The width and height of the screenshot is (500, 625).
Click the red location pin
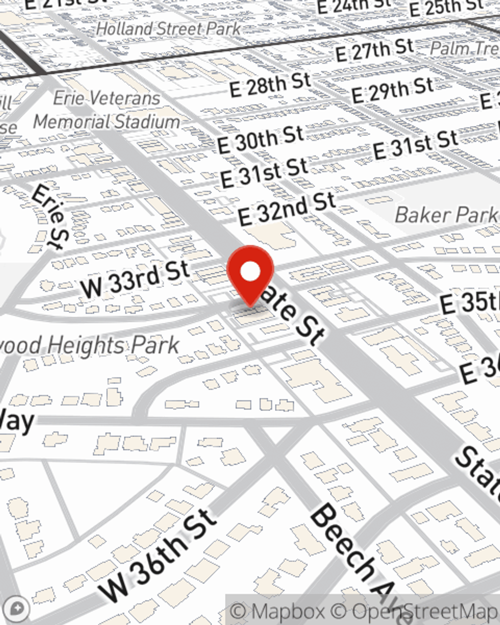pyautogui.click(x=250, y=273)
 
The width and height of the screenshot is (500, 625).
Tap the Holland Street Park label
pyautogui.click(x=168, y=29)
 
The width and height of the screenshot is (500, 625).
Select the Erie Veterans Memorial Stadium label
pyautogui.click(x=106, y=110)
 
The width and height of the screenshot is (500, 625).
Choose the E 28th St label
pyautogui.click(x=270, y=84)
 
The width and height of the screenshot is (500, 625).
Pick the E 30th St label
pyautogui.click(x=260, y=139)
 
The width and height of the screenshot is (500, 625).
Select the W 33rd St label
pyautogui.click(x=135, y=280)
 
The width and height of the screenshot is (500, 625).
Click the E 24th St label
pyautogui.click(x=353, y=6)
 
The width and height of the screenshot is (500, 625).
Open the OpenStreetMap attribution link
pyautogui.click(x=425, y=611)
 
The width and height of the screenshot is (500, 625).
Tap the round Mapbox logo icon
pyautogui.click(x=17, y=609)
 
